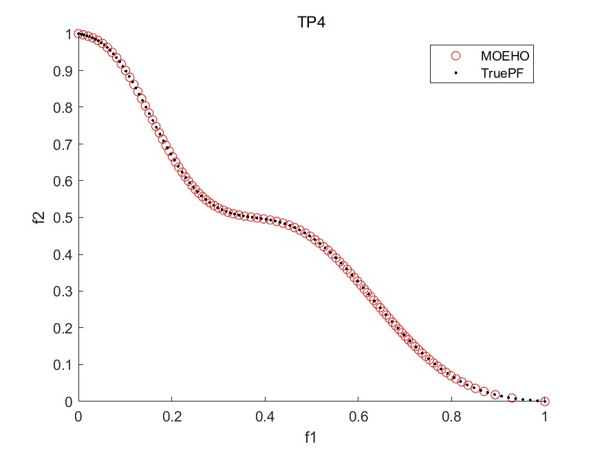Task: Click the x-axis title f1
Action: coord(311,437)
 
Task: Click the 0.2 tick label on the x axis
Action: coord(171,417)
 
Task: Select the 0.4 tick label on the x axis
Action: coord(265,417)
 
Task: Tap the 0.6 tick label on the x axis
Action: coord(358,417)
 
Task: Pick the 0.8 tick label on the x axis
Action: coord(451,417)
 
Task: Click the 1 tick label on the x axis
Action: coord(545,417)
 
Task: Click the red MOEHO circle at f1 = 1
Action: coord(545,401)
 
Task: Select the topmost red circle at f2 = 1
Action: coord(78,34)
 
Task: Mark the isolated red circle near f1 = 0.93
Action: coord(512,397)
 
